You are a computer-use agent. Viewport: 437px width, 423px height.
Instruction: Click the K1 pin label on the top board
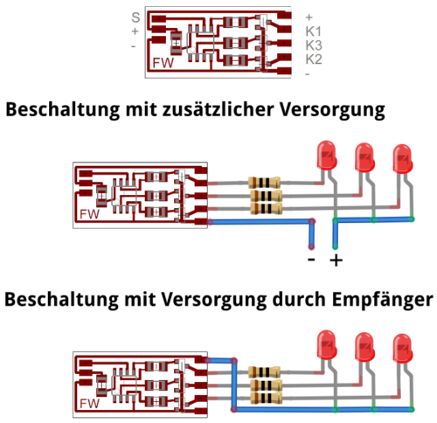pos(314,31)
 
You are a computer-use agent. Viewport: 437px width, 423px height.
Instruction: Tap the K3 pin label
pos(314,45)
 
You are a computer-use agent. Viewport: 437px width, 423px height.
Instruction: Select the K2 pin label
pos(314,59)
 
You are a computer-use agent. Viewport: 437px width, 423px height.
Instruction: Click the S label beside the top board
pos(135,17)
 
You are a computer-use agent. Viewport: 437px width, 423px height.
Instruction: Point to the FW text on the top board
pos(163,63)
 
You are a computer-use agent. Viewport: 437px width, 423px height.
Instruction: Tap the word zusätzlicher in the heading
pos(218,109)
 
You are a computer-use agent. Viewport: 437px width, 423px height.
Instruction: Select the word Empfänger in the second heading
pos(383,300)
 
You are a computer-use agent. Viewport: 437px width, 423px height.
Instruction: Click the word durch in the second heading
pos(300,299)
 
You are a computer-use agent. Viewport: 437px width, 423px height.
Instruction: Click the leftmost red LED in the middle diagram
pos(327,156)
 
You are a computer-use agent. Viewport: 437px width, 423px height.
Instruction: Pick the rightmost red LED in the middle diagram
pos(403,159)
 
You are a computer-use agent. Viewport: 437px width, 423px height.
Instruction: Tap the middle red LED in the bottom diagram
pos(364,348)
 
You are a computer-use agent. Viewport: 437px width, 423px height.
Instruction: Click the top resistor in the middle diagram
pos(264,183)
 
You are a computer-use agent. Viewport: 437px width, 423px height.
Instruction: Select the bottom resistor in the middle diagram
pos(267,208)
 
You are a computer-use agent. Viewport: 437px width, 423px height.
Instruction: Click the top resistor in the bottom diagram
pos(264,372)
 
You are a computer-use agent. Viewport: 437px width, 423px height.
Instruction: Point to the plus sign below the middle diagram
pos(336,260)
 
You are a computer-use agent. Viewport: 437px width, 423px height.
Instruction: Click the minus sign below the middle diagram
pos(311,259)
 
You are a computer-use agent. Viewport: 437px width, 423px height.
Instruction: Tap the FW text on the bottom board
pos(90,404)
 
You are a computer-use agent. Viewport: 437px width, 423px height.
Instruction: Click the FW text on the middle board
pos(90,214)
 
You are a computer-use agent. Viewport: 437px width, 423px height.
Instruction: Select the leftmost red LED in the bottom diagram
pos(327,345)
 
